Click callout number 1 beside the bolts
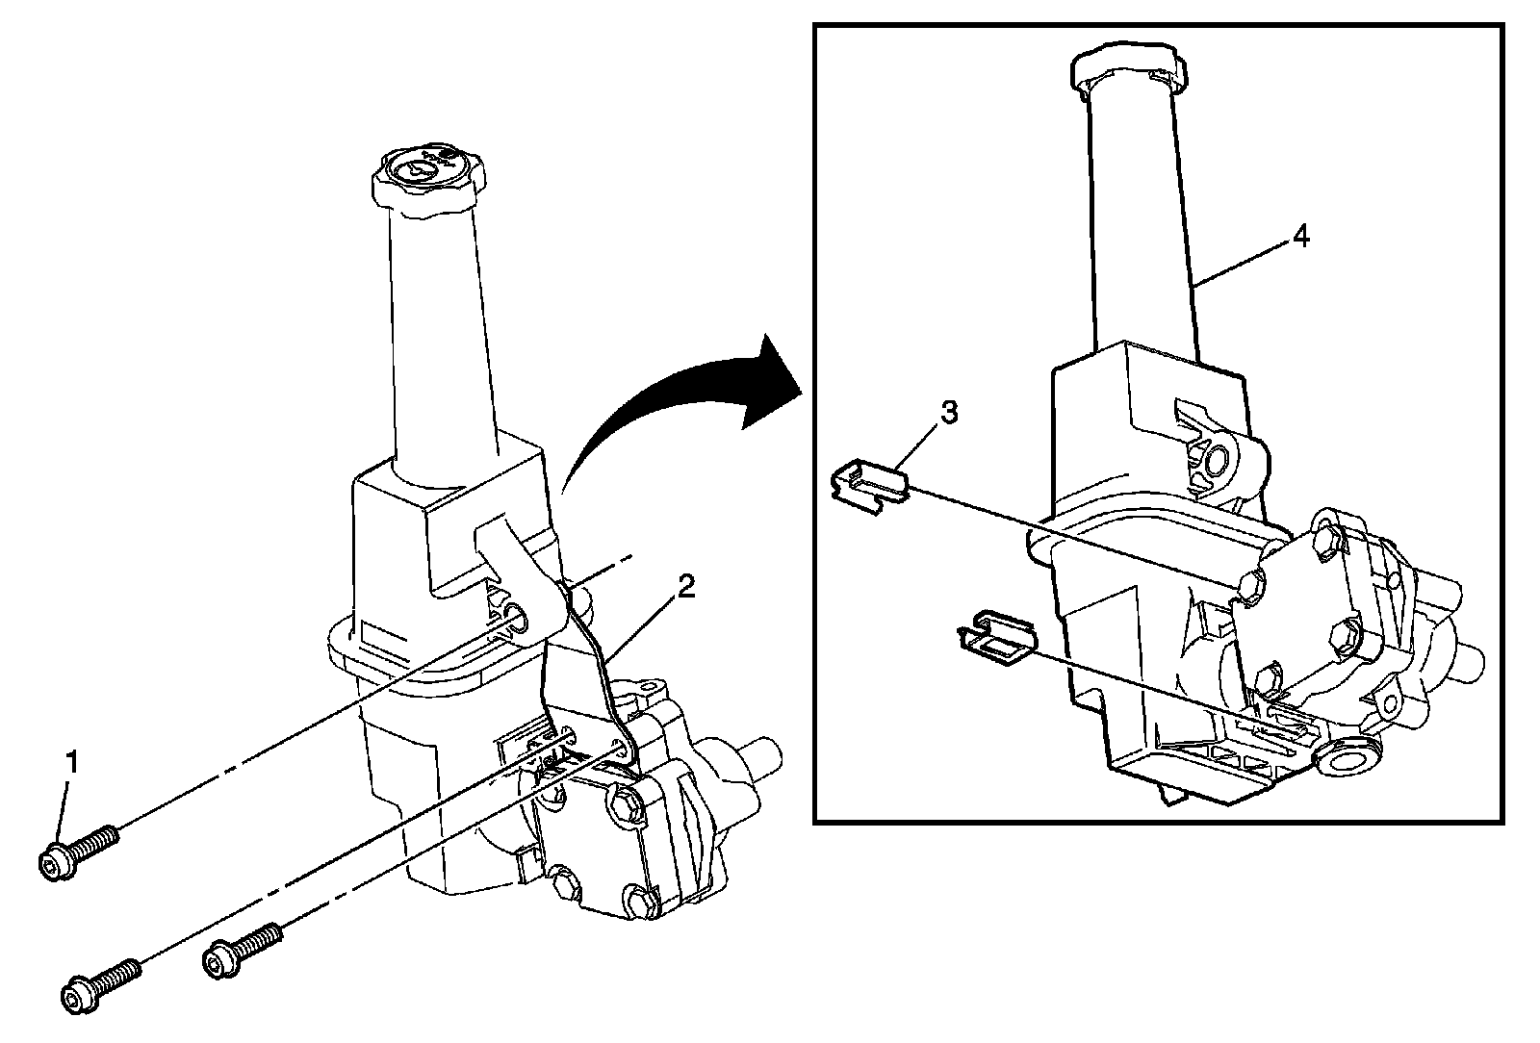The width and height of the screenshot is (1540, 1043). [x=70, y=765]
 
